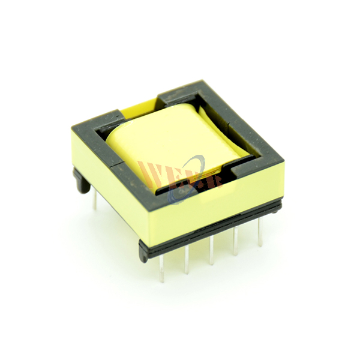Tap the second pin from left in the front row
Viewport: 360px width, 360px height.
187,259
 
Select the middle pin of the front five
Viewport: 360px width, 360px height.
211,249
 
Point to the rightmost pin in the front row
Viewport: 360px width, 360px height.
260,231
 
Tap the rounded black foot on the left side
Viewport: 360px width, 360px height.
80,182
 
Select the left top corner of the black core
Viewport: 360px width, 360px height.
74,125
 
